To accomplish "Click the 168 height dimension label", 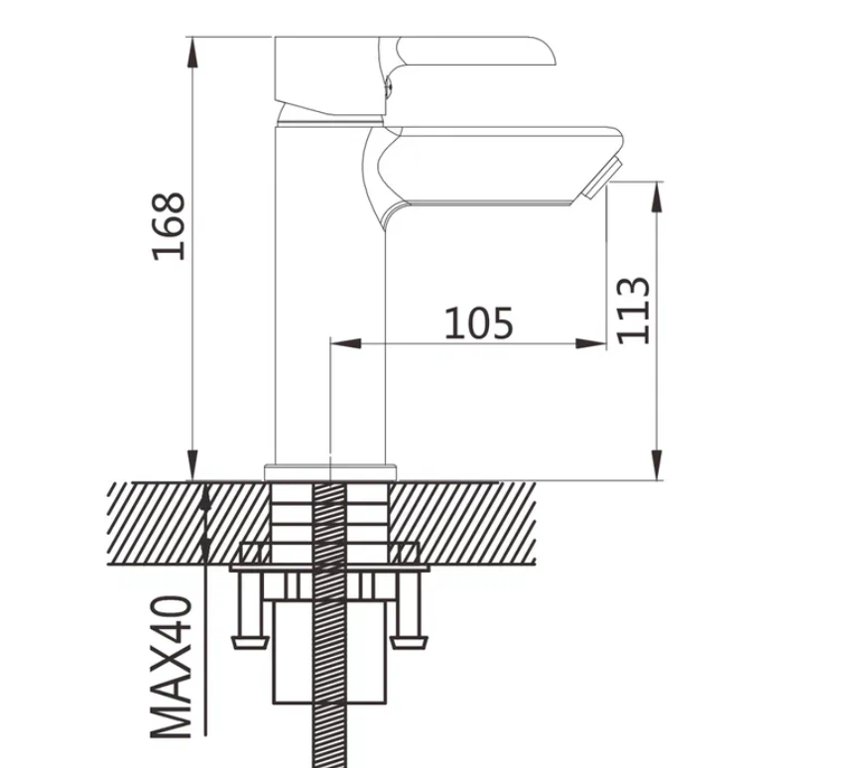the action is (169, 226).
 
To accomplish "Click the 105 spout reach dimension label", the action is (479, 322).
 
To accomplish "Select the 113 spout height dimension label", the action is (633, 310).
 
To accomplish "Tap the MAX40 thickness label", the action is (172, 667).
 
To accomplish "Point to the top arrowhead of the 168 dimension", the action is (192, 54).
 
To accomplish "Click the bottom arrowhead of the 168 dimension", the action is (192, 464).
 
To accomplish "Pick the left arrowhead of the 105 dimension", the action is (346, 343).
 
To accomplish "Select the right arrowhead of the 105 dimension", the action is (591, 343).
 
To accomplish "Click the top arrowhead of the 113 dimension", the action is (657, 197).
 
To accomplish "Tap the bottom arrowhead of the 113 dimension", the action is (657, 464).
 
